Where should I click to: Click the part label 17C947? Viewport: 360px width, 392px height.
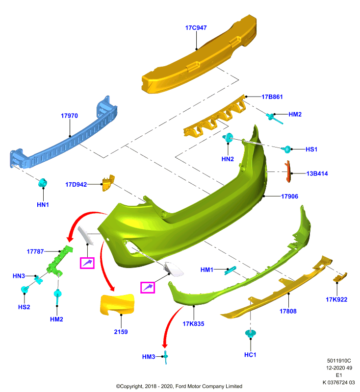click(x=196, y=28)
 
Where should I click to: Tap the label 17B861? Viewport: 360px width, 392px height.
click(x=272, y=97)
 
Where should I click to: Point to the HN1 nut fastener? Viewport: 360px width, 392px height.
click(x=43, y=183)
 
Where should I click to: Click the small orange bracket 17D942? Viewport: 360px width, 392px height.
click(x=108, y=182)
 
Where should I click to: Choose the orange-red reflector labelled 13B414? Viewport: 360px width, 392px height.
click(x=288, y=171)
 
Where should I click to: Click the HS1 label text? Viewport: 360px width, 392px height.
click(x=311, y=149)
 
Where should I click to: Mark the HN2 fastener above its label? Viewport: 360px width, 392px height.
click(x=228, y=138)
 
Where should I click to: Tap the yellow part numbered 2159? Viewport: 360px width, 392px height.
click(x=117, y=304)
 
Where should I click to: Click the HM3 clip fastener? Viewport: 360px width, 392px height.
click(x=165, y=357)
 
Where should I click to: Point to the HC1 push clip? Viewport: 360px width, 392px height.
click(x=251, y=334)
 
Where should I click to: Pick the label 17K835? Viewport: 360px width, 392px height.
click(x=193, y=324)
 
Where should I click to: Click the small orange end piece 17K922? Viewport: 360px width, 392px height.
click(x=340, y=277)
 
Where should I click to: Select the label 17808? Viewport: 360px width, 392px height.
click(x=288, y=311)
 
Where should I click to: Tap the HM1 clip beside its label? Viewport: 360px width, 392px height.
click(x=230, y=270)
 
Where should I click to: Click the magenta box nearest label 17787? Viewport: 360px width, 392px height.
click(x=87, y=263)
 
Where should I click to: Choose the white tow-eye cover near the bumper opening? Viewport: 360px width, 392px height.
click(x=173, y=269)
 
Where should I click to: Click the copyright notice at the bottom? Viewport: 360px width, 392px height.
click(x=179, y=386)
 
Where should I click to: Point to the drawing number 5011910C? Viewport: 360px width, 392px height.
click(x=339, y=361)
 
